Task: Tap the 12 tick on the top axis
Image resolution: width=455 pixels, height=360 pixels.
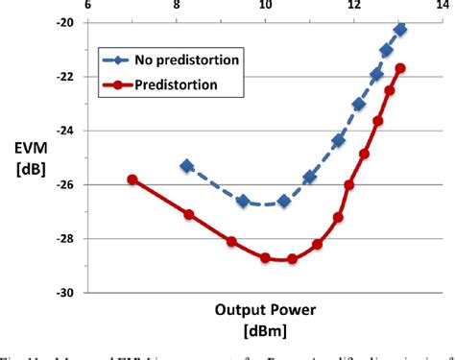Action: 354,6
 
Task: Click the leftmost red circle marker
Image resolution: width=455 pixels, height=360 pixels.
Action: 132,180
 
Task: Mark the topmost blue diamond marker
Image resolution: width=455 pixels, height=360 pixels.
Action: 400,30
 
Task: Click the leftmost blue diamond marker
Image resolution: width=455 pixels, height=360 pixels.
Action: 186,166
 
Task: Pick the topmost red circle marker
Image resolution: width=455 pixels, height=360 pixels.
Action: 400,68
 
